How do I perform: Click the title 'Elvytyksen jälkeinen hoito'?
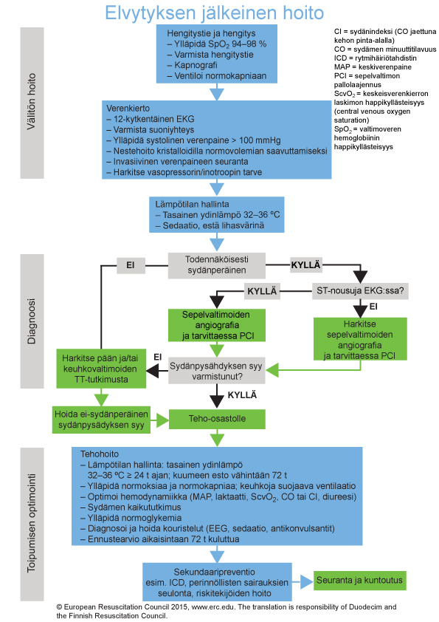coord(215,13)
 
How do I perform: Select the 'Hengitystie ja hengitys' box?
coord(217,54)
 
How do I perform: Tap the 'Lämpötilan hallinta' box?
coord(217,215)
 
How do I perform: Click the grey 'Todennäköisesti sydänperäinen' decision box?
coord(217,265)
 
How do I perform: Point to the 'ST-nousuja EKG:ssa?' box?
coord(360,291)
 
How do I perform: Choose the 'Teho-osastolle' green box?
coord(217,419)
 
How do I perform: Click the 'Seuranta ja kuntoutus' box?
coord(359,581)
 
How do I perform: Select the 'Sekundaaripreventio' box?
coord(217,582)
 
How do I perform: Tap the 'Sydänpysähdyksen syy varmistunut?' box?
coord(217,371)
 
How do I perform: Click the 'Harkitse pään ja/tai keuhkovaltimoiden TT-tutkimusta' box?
coord(101,369)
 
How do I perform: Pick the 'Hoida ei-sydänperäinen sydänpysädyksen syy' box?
coord(101,420)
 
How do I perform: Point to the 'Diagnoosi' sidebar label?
coord(32,321)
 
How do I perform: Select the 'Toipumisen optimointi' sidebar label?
coord(32,524)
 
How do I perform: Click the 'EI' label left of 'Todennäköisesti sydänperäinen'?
coord(131,265)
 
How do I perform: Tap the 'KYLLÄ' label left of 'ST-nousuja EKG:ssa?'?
coord(262,291)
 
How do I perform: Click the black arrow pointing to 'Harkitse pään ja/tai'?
coord(157,372)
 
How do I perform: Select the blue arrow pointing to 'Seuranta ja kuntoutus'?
coord(303,582)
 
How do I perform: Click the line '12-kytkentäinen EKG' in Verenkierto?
coord(153,119)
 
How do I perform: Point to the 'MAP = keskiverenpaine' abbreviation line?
coord(373,67)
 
